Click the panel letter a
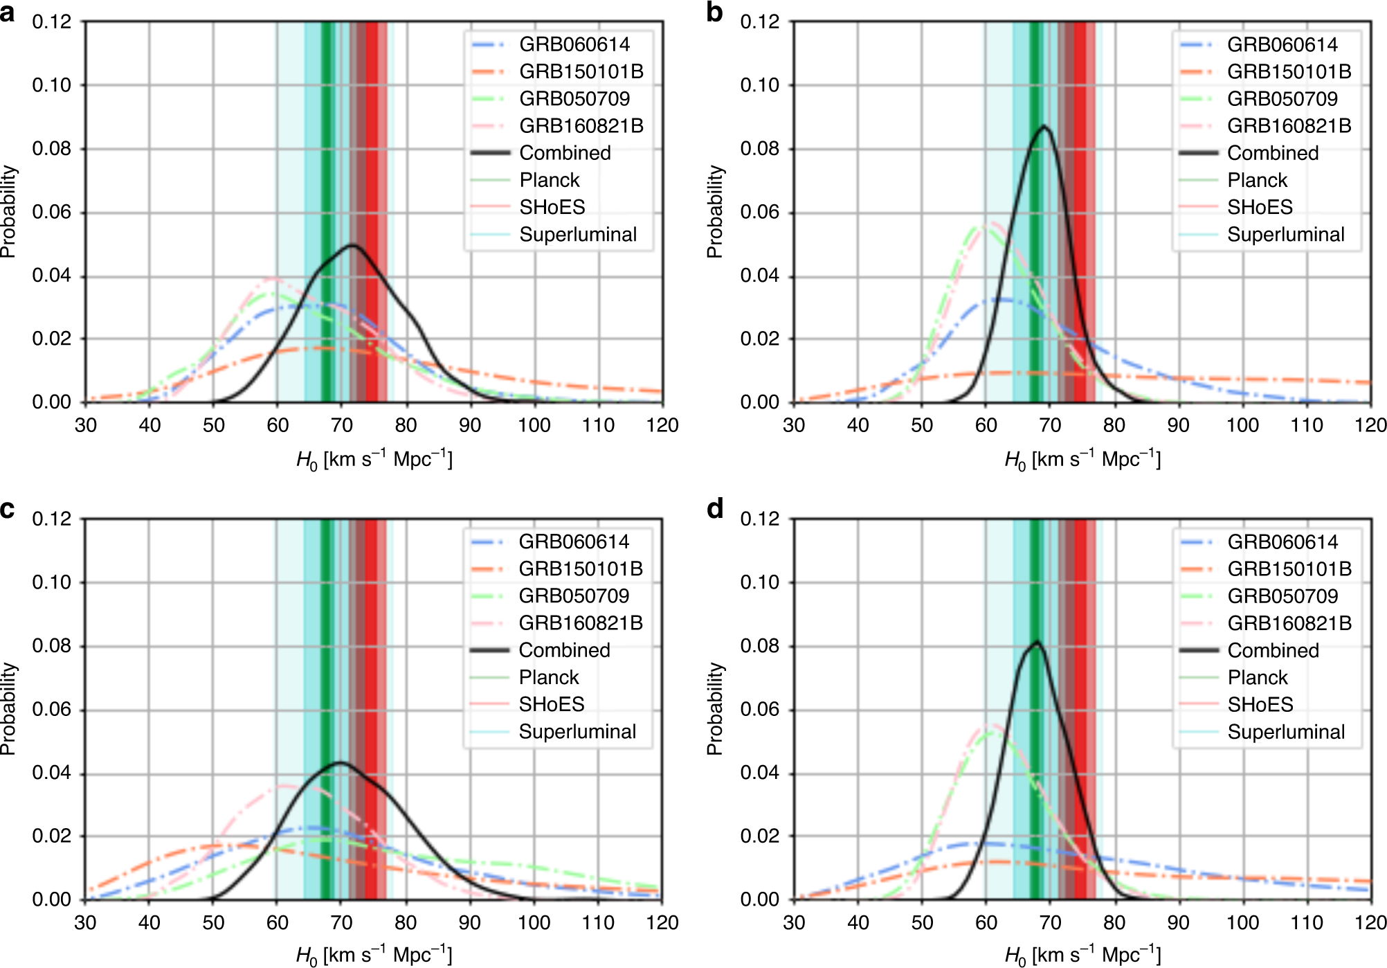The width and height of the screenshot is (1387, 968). click(x=8, y=12)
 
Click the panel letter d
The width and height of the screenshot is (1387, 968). click(x=715, y=509)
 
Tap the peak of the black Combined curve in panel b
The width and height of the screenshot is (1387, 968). click(x=1044, y=127)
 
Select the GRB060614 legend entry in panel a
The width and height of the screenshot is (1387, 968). click(x=574, y=44)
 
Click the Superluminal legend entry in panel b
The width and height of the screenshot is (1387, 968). click(x=1285, y=235)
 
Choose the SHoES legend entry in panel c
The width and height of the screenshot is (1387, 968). click(x=552, y=704)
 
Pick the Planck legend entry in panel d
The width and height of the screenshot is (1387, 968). click(x=1258, y=677)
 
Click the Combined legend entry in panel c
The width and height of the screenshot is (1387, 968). click(x=564, y=650)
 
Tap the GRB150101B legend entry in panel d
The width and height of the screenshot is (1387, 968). click(x=1289, y=569)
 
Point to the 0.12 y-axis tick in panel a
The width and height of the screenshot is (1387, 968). click(x=52, y=22)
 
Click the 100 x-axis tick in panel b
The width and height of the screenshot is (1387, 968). click(x=1242, y=425)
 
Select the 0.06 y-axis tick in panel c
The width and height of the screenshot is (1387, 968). click(x=52, y=710)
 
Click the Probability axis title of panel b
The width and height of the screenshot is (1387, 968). click(x=714, y=212)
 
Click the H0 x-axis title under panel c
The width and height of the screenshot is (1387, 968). click(x=374, y=956)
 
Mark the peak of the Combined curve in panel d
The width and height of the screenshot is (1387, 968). click(x=1036, y=642)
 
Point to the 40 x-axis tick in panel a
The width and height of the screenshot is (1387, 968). click(x=149, y=425)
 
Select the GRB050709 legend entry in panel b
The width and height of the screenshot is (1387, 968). click(x=1282, y=99)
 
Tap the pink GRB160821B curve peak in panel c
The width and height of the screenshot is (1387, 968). click(x=285, y=785)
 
